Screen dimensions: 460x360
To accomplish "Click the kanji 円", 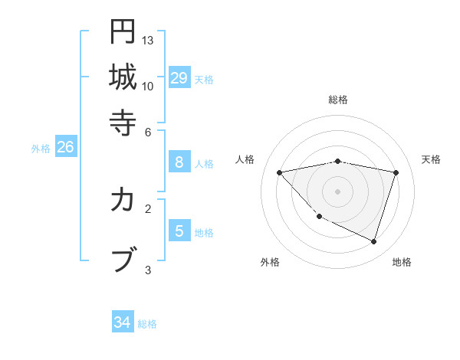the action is tap(123, 32).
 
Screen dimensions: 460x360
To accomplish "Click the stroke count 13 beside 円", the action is tap(148, 40).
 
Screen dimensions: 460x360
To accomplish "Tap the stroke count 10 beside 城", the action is tap(148, 86).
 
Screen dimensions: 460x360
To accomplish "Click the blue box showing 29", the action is tap(179, 77).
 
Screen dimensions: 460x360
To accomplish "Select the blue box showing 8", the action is tap(179, 162).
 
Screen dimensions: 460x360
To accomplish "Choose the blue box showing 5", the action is tap(179, 231).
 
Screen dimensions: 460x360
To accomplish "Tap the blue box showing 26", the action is tap(65, 148).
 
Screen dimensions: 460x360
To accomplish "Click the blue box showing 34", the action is tap(123, 322).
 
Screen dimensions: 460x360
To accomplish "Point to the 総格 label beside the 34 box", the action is tap(147, 324).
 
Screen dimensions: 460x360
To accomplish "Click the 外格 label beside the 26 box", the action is tap(41, 149).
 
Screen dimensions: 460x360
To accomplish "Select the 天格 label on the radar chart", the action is tap(431, 159).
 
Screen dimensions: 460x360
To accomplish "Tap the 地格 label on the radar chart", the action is tap(402, 262).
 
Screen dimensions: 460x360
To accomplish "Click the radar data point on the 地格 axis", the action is tap(373, 242).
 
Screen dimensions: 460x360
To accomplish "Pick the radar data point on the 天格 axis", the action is tap(396, 172).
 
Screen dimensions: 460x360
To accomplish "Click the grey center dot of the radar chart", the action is tap(338, 191).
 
